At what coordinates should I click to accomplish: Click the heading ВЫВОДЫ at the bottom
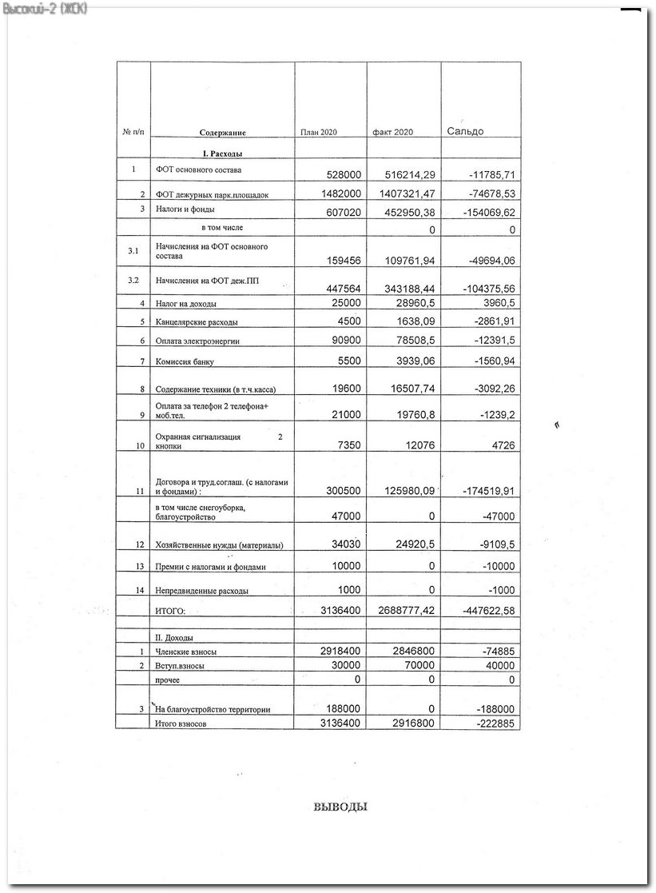pyautogui.click(x=340, y=807)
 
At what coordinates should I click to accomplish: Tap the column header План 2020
pyautogui.click(x=318, y=132)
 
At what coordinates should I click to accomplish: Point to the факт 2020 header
pyautogui.click(x=392, y=132)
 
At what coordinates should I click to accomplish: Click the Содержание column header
pyautogui.click(x=222, y=133)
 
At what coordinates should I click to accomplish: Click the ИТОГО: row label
pyautogui.click(x=169, y=612)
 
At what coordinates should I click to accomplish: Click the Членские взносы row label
pyautogui.click(x=185, y=652)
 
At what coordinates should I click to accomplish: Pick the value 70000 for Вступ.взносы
pyautogui.click(x=417, y=665)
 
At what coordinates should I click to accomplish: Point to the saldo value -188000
pyautogui.click(x=489, y=708)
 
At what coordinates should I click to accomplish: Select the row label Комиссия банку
pyautogui.click(x=185, y=361)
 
